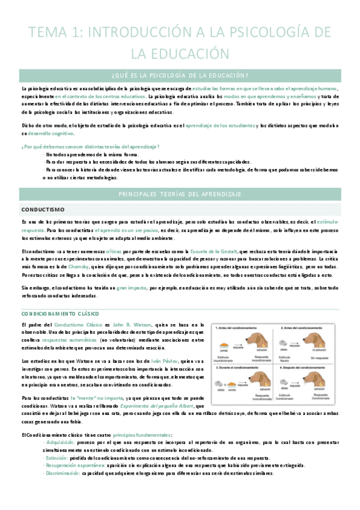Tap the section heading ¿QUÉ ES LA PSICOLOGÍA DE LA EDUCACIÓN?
coord(180,75)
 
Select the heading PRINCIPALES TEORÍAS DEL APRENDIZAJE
coord(180,194)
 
